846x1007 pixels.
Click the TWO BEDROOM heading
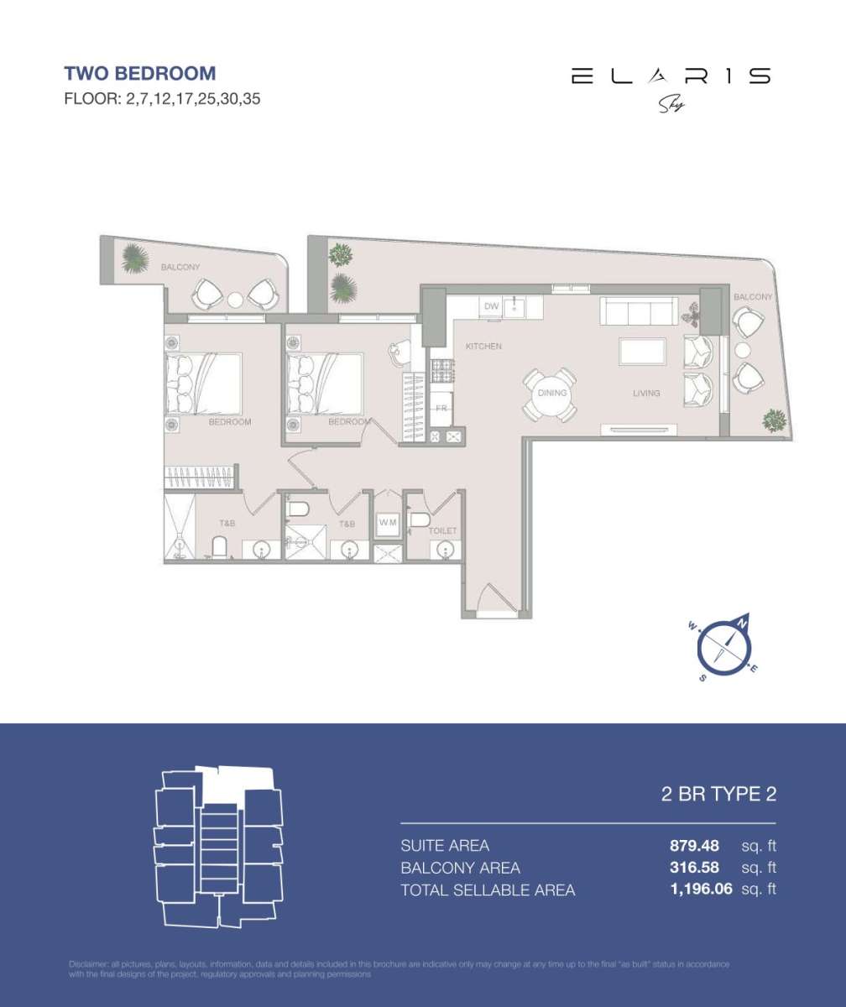point(140,74)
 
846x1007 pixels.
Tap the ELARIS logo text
point(670,76)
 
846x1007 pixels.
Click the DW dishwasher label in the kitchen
point(492,307)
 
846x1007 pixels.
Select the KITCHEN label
point(484,346)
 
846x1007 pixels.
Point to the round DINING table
point(551,394)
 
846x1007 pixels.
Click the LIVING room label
point(646,393)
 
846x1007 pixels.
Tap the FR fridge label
point(441,409)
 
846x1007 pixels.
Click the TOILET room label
point(442,531)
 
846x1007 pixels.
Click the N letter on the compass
point(743,622)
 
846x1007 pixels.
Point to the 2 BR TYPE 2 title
point(718,795)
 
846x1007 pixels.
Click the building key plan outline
point(218,847)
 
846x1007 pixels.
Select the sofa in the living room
point(640,313)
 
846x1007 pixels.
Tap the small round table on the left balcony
point(235,299)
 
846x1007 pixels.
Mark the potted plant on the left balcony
point(134,258)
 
